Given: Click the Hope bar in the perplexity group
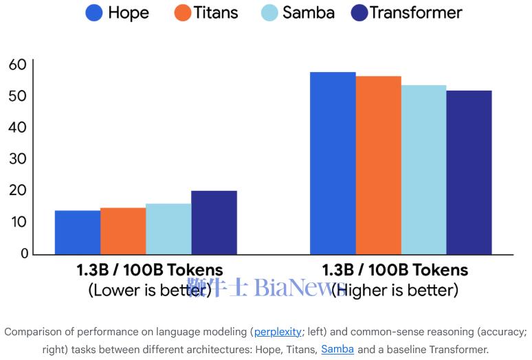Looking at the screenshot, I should pos(78,232).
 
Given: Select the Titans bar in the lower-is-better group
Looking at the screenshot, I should pos(123,231).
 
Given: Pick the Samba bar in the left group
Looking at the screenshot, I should pos(168,229).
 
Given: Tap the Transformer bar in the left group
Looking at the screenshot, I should pos(214,223).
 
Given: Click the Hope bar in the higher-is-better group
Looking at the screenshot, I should pos(333,163).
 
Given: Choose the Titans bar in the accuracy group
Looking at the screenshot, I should pos(378,165).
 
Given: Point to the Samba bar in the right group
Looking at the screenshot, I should pos(423,170).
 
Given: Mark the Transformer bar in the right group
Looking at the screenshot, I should pos(469,172).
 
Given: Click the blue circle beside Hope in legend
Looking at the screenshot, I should pos(94,13).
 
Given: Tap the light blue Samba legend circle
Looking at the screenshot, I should pos(270,13).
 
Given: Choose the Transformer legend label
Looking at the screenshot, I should pos(416,13).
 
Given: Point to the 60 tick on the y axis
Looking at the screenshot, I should pos(18,65).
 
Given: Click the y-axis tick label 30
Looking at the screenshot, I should pos(18,159).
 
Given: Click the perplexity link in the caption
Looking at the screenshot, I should pos(278,332).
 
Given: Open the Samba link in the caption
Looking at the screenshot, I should pos(337,349).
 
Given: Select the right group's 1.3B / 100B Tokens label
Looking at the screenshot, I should pos(395,270).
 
